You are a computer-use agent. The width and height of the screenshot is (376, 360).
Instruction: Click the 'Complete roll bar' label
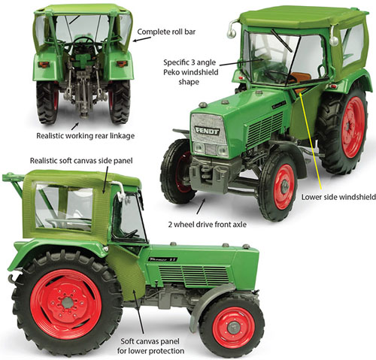click(x=166, y=32)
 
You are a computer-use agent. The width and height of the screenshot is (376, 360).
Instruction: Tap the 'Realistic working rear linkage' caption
click(x=86, y=136)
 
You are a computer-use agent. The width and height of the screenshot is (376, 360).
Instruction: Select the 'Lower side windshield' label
click(x=338, y=197)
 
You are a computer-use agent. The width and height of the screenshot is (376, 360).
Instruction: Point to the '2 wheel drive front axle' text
click(x=207, y=225)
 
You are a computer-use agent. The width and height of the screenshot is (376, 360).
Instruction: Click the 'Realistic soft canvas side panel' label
click(x=81, y=161)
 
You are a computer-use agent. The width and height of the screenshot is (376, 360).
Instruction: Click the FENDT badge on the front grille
click(x=207, y=131)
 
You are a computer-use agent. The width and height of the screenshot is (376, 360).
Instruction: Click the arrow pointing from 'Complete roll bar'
click(x=141, y=39)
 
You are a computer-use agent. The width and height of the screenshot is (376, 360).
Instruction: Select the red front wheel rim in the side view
click(x=234, y=327)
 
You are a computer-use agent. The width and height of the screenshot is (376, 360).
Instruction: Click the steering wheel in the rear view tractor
click(x=84, y=41)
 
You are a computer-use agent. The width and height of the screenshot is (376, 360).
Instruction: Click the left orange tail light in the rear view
click(x=44, y=65)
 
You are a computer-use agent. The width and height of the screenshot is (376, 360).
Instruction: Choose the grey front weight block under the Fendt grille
click(x=213, y=174)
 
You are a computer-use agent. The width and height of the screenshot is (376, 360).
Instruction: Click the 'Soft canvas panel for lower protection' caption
click(x=150, y=346)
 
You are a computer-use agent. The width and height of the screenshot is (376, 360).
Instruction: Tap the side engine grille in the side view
click(x=193, y=275)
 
